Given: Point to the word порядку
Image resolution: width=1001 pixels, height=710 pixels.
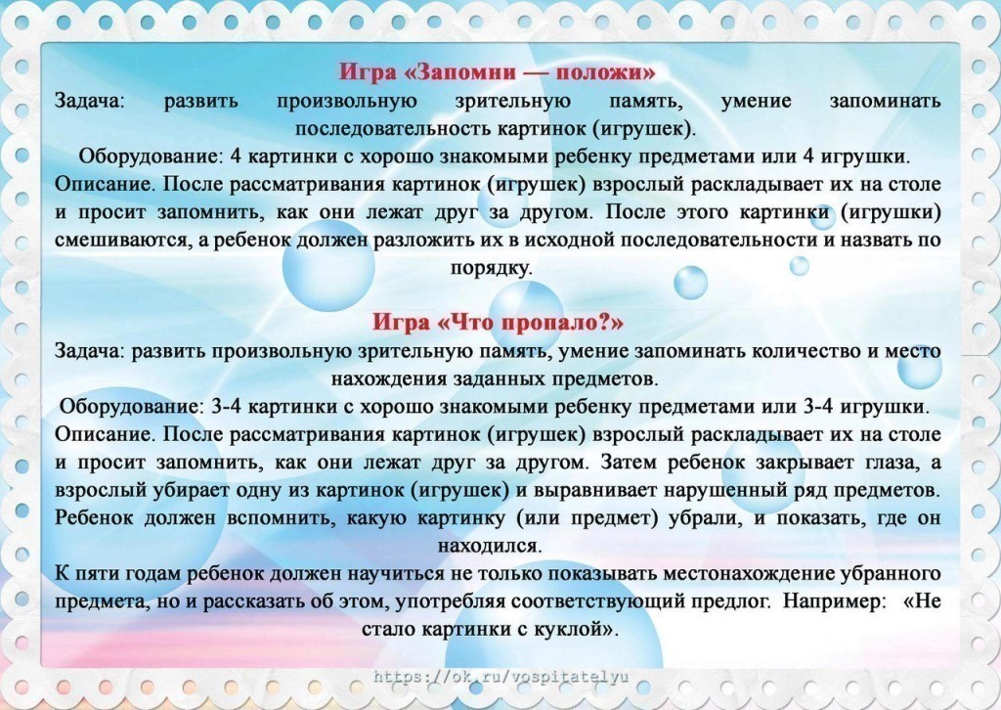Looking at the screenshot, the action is [x=491, y=269].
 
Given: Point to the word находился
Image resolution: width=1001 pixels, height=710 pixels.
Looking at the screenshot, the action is [x=491, y=546].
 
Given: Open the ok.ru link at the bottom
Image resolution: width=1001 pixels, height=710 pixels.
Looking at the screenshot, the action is [x=501, y=676].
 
